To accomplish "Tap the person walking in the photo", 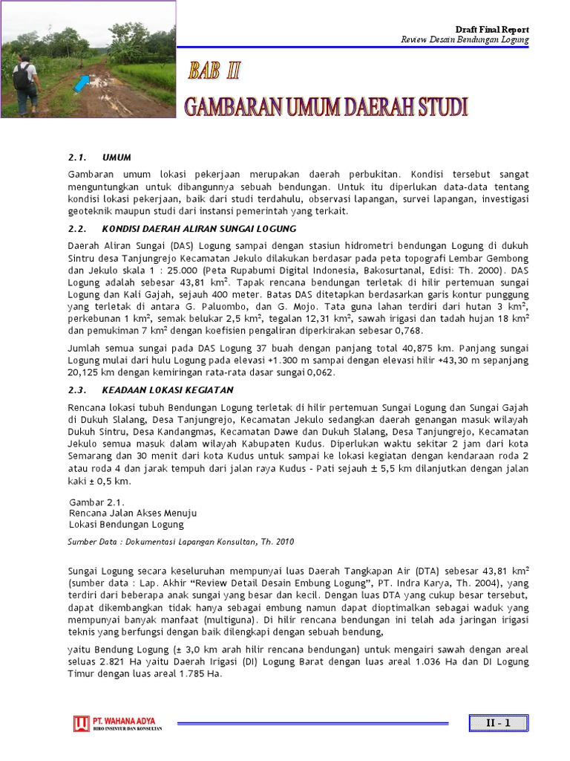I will point(25,83).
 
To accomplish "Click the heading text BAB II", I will point(214,72).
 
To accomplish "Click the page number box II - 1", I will point(498,723).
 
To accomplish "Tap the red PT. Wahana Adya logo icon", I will point(81,723).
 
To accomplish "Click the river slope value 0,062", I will point(321,372).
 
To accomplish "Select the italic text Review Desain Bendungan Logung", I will point(465,39).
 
